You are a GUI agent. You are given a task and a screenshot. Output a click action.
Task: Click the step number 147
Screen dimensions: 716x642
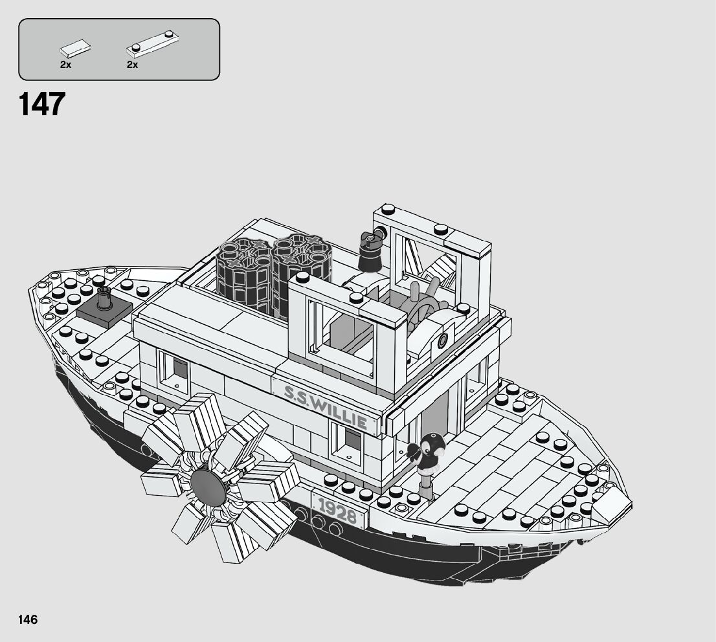[43, 104]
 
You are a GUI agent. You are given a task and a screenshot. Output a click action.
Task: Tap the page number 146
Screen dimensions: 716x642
[28, 619]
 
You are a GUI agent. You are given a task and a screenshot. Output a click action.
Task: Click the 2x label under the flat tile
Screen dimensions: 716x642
[65, 65]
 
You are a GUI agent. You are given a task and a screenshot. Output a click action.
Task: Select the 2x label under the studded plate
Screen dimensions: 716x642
[133, 65]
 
